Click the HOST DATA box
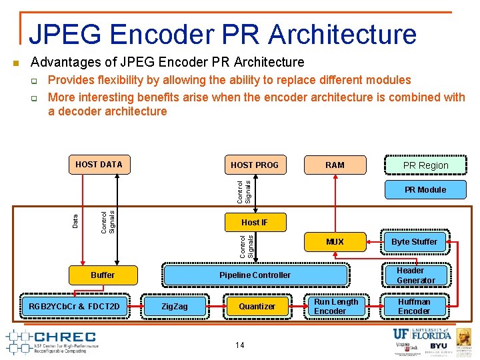(x=99, y=164)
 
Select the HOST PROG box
(x=254, y=165)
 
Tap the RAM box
(x=335, y=165)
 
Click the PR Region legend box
(x=425, y=165)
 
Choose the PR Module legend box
(x=425, y=189)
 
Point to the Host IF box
(x=254, y=222)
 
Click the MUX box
(x=335, y=241)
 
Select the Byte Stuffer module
(x=414, y=241)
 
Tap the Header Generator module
(x=415, y=275)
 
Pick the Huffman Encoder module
(x=414, y=306)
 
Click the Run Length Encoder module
(x=335, y=306)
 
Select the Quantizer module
(x=257, y=306)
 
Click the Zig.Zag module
(x=175, y=306)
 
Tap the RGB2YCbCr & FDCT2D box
(x=75, y=306)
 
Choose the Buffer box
(x=103, y=275)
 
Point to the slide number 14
(x=239, y=345)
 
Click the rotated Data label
(x=75, y=219)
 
